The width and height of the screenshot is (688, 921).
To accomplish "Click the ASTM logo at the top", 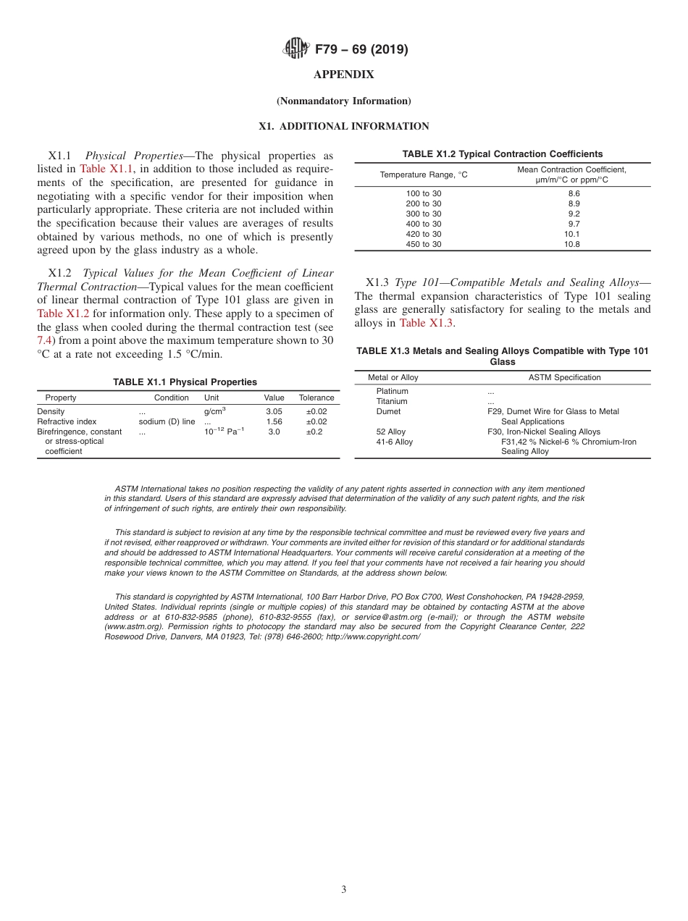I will pyautogui.click(x=295, y=49).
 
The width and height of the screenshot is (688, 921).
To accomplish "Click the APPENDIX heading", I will pyautogui.click(x=343, y=75).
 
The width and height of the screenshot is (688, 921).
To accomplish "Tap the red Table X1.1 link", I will pyautogui.click(x=106, y=169).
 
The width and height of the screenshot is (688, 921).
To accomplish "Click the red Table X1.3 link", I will pyautogui.click(x=426, y=323).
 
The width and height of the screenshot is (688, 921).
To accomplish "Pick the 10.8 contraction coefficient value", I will pyautogui.click(x=573, y=244).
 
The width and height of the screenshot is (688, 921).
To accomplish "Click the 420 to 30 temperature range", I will pyautogui.click(x=424, y=234).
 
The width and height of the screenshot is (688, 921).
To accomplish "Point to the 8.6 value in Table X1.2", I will pyautogui.click(x=573, y=193).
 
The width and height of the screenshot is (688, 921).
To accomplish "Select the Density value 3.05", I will pyautogui.click(x=274, y=411).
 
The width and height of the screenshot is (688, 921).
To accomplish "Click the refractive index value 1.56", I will pyautogui.click(x=274, y=421).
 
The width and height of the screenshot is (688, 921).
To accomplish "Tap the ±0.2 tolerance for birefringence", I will pyautogui.click(x=314, y=432).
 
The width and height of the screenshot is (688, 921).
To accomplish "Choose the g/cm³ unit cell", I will pyautogui.click(x=214, y=411).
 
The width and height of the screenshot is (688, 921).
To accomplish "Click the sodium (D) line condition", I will pyautogui.click(x=167, y=421).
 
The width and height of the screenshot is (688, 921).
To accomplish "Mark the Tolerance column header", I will pyautogui.click(x=316, y=398).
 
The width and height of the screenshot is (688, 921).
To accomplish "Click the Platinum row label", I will pyautogui.click(x=392, y=391).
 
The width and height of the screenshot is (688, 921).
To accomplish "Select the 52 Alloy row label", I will pyautogui.click(x=391, y=432).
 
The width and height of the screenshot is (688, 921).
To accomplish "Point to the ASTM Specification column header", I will pyautogui.click(x=564, y=377).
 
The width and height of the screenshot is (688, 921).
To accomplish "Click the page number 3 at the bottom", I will pyautogui.click(x=343, y=889).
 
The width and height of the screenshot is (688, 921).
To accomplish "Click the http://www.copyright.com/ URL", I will pyautogui.click(x=373, y=636).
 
